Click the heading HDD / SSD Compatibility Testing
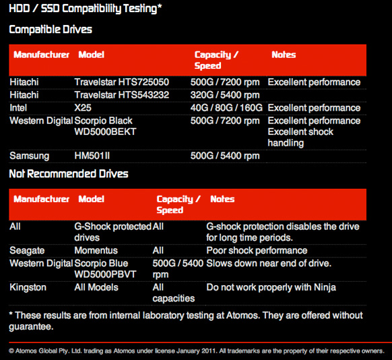(86, 9)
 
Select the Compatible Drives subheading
(51, 30)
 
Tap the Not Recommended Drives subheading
(69, 174)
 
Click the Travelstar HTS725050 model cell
(122, 82)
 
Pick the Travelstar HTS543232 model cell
(122, 95)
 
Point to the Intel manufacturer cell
(18, 108)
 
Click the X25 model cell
(83, 108)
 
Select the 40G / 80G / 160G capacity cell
(226, 108)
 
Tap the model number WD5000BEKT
(105, 131)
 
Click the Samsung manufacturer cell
(29, 156)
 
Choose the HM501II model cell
(92, 156)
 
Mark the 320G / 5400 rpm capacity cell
(225, 95)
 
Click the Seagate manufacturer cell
(27, 251)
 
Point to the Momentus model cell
(96, 250)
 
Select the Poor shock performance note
(257, 251)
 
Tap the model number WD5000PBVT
(105, 274)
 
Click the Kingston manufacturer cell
(28, 287)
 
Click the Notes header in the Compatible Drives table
(284, 55)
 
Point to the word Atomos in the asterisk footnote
(242, 316)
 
